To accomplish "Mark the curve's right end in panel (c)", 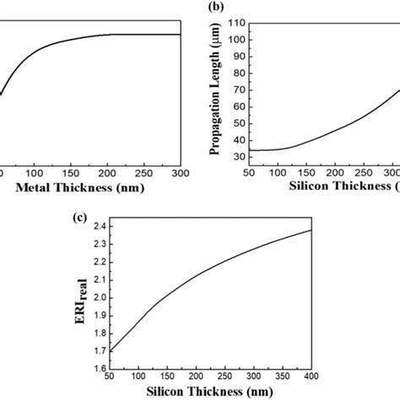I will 336,230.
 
